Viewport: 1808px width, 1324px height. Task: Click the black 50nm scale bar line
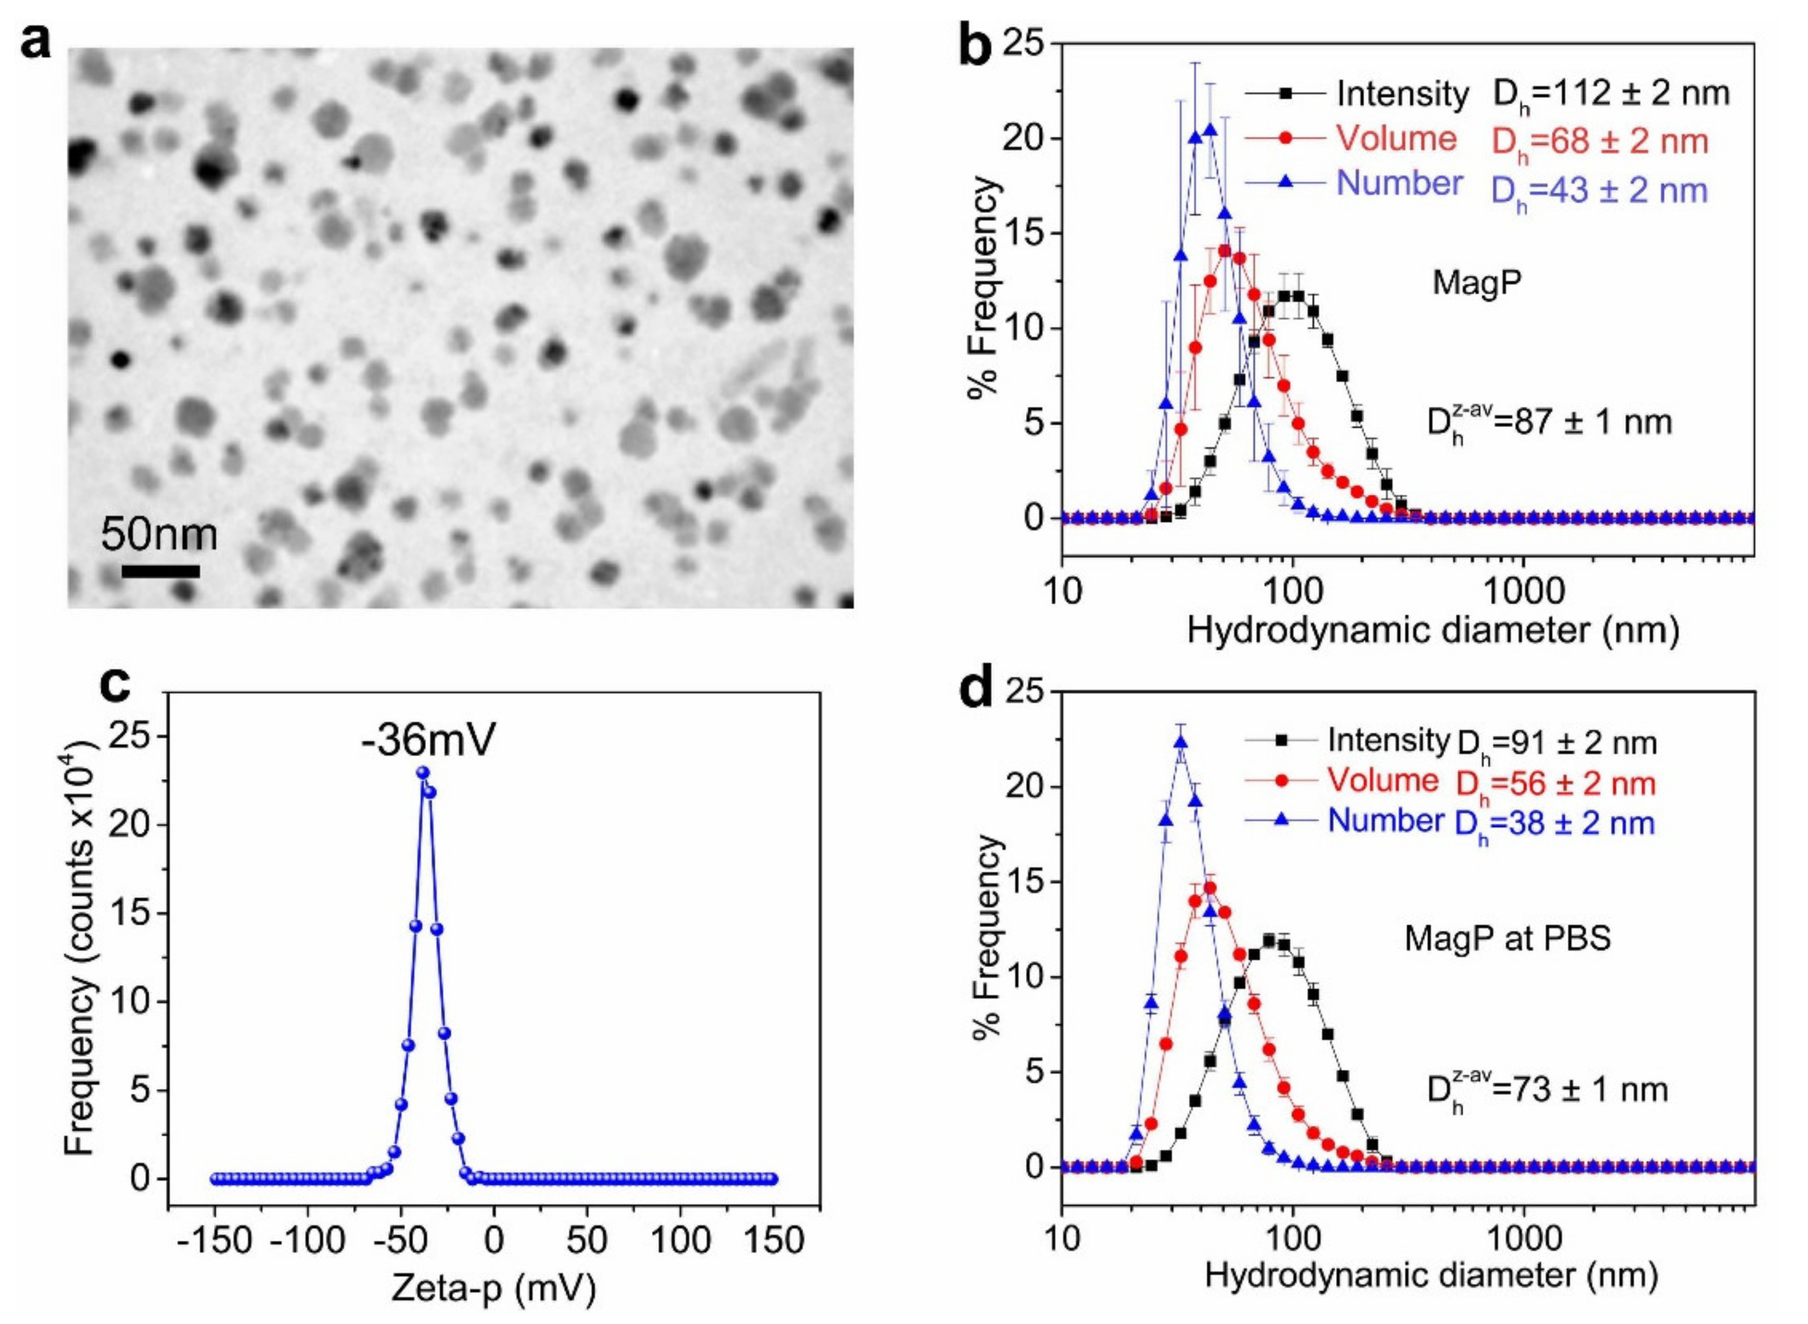pos(160,571)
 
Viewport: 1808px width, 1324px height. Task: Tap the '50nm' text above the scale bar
pos(159,535)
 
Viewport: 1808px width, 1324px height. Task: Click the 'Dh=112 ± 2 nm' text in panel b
pos(1611,94)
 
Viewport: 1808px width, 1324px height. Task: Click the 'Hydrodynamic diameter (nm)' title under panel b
pos(1432,631)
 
